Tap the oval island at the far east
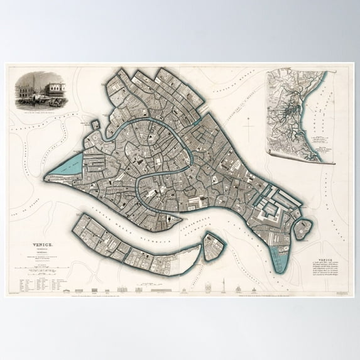(303, 229)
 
